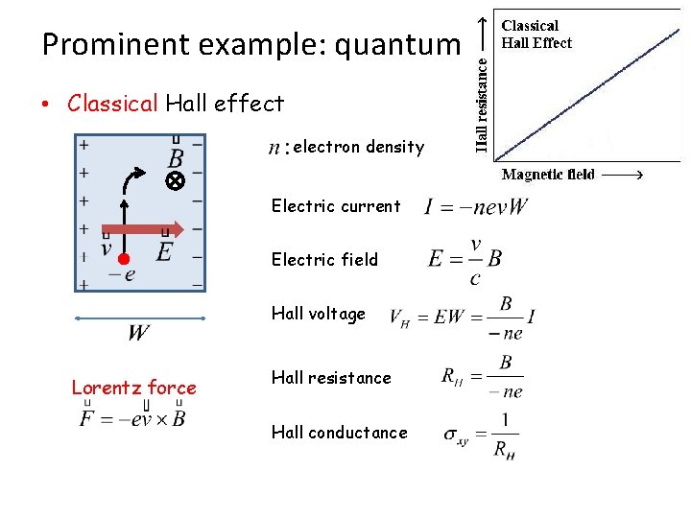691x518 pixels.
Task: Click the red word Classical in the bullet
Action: tap(111, 104)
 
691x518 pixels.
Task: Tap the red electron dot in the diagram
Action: tap(124, 258)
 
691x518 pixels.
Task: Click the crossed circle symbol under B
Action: tap(176, 181)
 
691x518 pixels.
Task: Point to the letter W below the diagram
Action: tap(139, 334)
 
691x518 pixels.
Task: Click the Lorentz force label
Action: tap(133, 388)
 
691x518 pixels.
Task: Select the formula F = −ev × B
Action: tap(133, 418)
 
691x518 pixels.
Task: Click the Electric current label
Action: tap(336, 206)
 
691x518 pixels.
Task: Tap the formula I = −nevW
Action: tap(476, 207)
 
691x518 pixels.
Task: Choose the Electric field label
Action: tap(324, 260)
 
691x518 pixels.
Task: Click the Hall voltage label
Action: tap(319, 314)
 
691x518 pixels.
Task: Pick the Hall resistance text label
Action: tap(331, 378)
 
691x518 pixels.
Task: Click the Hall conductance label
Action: tap(339, 433)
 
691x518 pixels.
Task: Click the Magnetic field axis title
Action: tap(548, 175)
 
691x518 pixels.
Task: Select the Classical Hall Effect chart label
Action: tap(536, 35)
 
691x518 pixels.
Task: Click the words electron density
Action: tap(358, 147)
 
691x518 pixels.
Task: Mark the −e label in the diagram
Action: tap(122, 274)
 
